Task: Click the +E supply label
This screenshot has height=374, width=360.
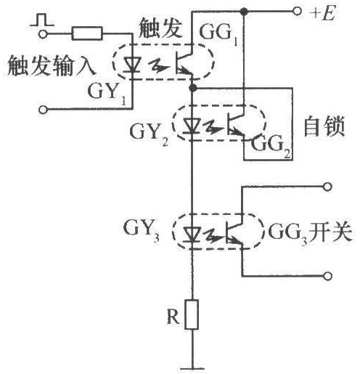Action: [x=323, y=12]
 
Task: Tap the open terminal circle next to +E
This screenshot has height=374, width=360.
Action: [x=297, y=11]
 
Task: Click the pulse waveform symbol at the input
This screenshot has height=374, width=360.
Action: [x=42, y=20]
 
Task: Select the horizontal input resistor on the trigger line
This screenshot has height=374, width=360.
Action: [x=87, y=33]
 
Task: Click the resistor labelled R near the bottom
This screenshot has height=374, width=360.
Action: [x=192, y=314]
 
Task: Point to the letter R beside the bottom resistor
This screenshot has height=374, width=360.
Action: [x=173, y=316]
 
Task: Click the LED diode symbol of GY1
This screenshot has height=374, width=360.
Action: [x=132, y=65]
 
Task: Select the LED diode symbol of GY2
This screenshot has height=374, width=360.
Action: [x=192, y=125]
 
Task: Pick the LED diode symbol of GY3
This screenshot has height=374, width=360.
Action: [x=192, y=234]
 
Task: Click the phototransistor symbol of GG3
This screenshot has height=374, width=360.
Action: [x=234, y=232]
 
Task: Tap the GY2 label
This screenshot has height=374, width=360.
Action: [x=149, y=134]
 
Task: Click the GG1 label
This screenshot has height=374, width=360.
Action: [x=218, y=35]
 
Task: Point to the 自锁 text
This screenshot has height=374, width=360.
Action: [x=324, y=126]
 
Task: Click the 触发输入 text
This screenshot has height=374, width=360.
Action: [x=52, y=65]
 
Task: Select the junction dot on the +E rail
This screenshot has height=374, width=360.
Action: [x=244, y=11]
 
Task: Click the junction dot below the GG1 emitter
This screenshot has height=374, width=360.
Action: [x=192, y=88]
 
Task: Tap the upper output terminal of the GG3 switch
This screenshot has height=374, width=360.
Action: [x=327, y=187]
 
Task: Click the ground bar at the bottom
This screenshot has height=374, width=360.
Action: [x=192, y=369]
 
